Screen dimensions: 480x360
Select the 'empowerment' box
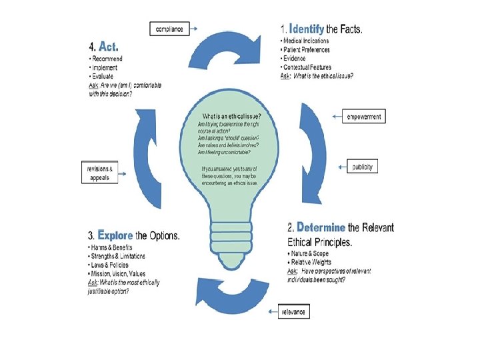365,117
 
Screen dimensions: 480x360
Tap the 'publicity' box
363,167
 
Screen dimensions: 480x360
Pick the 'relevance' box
294,311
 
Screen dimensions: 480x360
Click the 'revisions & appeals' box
99,172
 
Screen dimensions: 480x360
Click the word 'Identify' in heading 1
307,29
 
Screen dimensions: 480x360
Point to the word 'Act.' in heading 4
109,47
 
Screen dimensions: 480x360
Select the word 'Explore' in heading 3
115,235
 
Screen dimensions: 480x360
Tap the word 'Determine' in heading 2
321,227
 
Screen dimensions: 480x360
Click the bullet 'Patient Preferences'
307,50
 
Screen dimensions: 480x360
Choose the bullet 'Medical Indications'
306,41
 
